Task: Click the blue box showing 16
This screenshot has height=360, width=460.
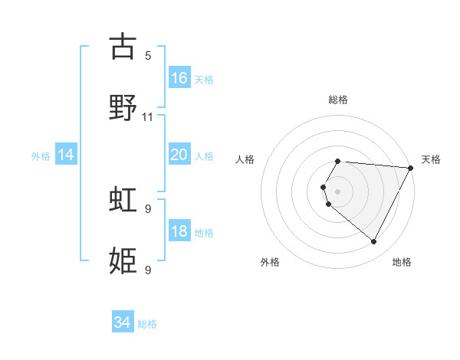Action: (x=179, y=77)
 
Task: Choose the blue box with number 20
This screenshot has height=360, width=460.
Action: (x=179, y=155)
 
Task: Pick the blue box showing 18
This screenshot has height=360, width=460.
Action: (x=179, y=231)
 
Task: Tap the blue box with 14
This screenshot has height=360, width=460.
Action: (x=66, y=155)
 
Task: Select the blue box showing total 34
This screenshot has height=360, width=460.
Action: (x=123, y=323)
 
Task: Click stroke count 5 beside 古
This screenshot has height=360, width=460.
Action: (x=148, y=55)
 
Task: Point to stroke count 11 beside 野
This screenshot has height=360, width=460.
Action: (x=148, y=117)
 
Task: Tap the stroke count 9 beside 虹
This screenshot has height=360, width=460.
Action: (x=148, y=208)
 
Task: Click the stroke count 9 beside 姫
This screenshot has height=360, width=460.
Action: (x=148, y=270)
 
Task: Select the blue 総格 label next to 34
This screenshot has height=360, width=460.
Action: (x=147, y=324)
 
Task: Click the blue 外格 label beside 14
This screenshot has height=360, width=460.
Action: (x=41, y=155)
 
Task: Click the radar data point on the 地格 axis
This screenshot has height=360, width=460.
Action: (x=374, y=242)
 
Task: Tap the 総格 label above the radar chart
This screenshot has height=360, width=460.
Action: (x=338, y=100)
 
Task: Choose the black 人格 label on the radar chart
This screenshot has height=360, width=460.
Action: (x=245, y=159)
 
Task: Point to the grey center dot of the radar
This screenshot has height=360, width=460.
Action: (x=338, y=191)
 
